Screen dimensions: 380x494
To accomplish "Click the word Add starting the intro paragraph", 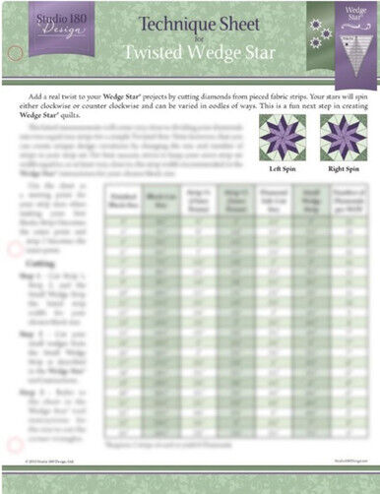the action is tap(52, 99).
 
